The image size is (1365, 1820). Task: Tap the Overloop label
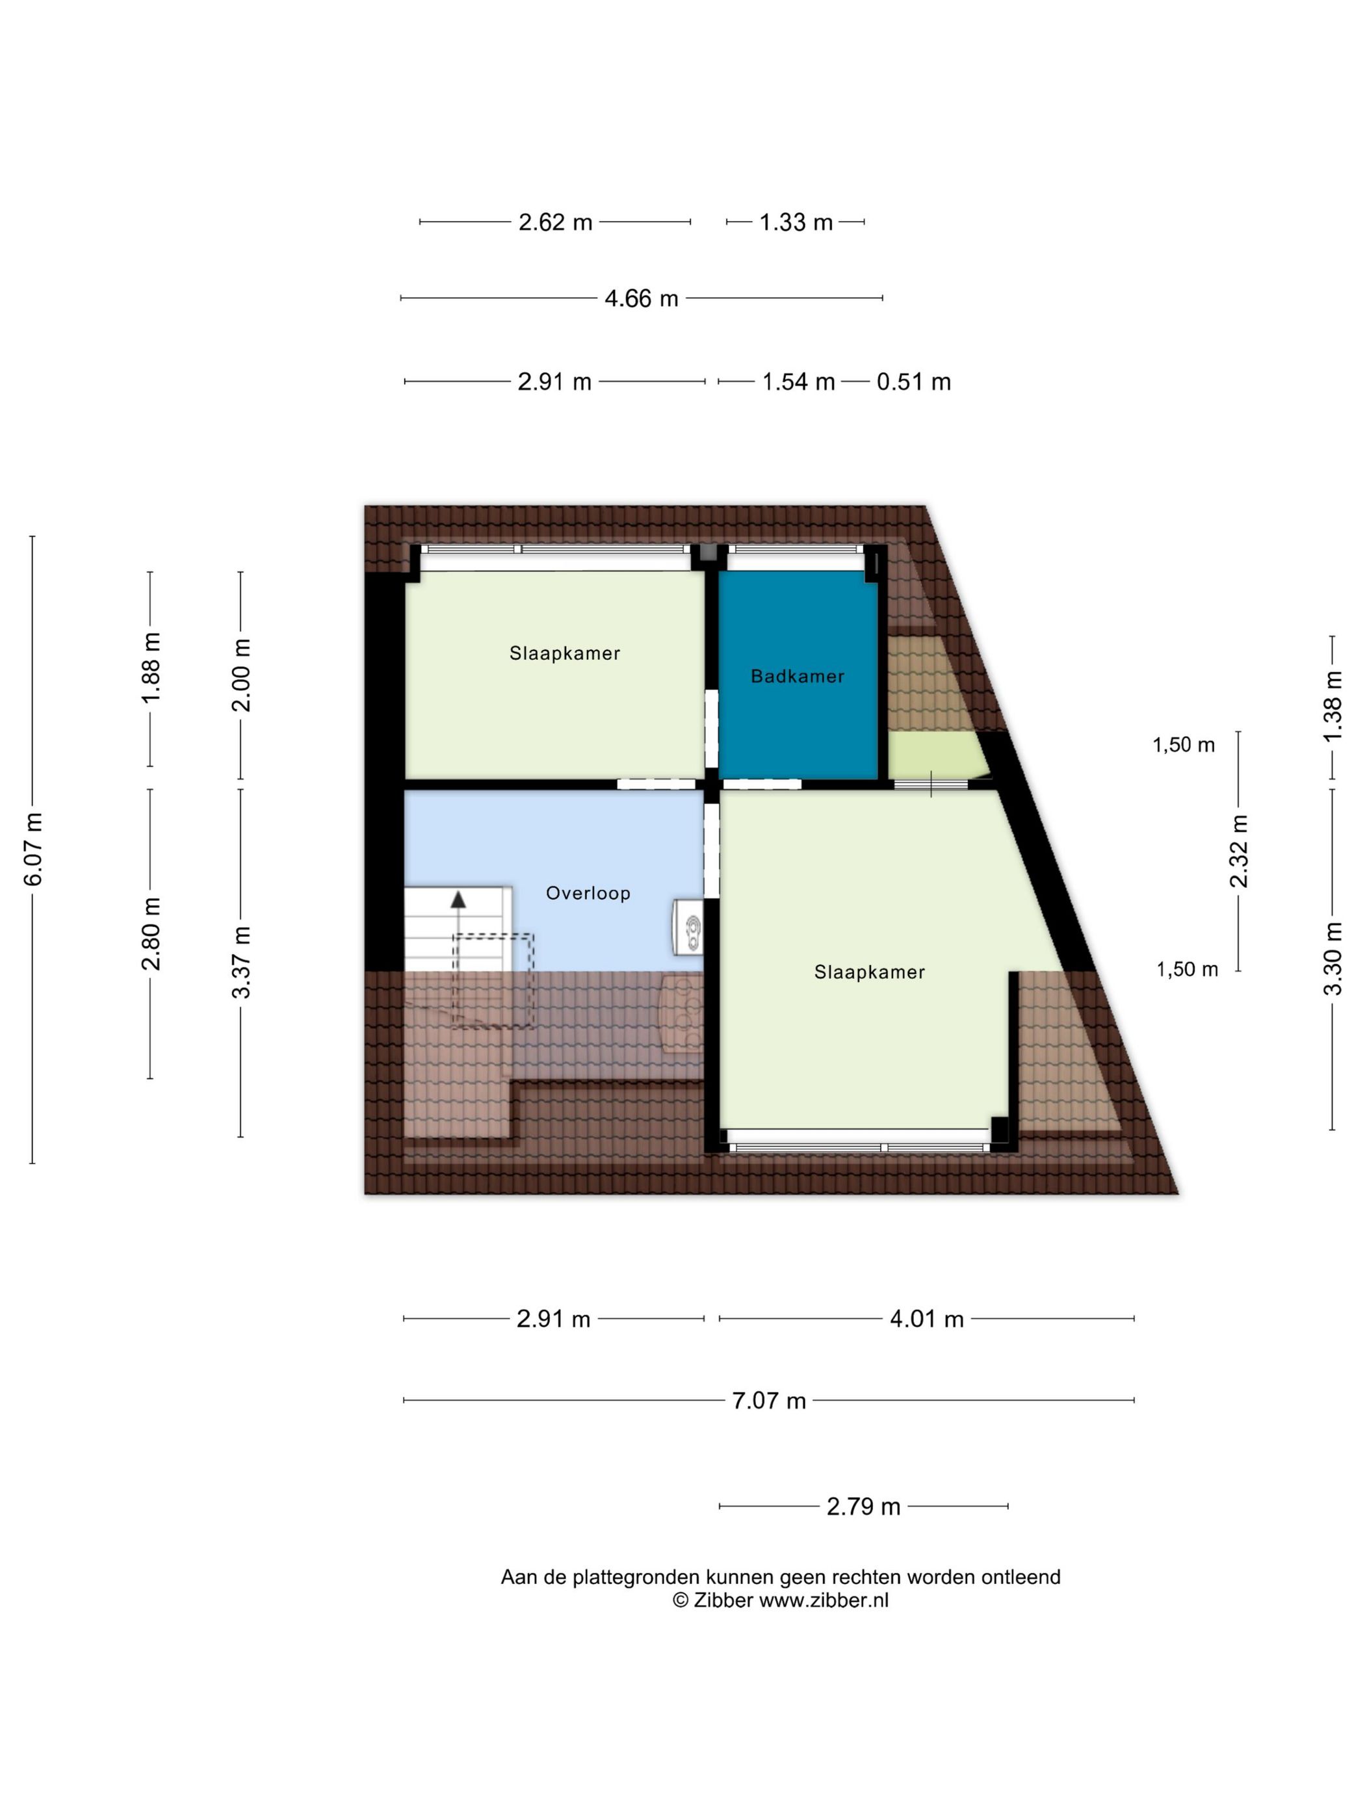(x=588, y=892)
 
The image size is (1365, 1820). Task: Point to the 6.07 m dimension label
(x=34, y=849)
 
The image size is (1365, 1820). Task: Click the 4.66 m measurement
(x=641, y=298)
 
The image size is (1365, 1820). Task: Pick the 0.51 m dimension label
(x=914, y=382)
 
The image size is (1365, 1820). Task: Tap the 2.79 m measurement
(x=863, y=1507)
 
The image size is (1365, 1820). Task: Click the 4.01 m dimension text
(x=926, y=1319)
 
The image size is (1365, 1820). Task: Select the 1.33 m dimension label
(x=796, y=222)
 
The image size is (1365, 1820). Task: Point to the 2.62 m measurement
(x=555, y=222)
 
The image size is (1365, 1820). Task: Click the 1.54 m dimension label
(x=798, y=382)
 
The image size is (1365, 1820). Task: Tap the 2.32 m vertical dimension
(x=1239, y=851)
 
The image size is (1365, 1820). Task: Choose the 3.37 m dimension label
(x=241, y=962)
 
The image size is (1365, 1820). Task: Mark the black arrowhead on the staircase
(x=457, y=898)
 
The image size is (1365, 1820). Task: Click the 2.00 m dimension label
(x=241, y=675)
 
